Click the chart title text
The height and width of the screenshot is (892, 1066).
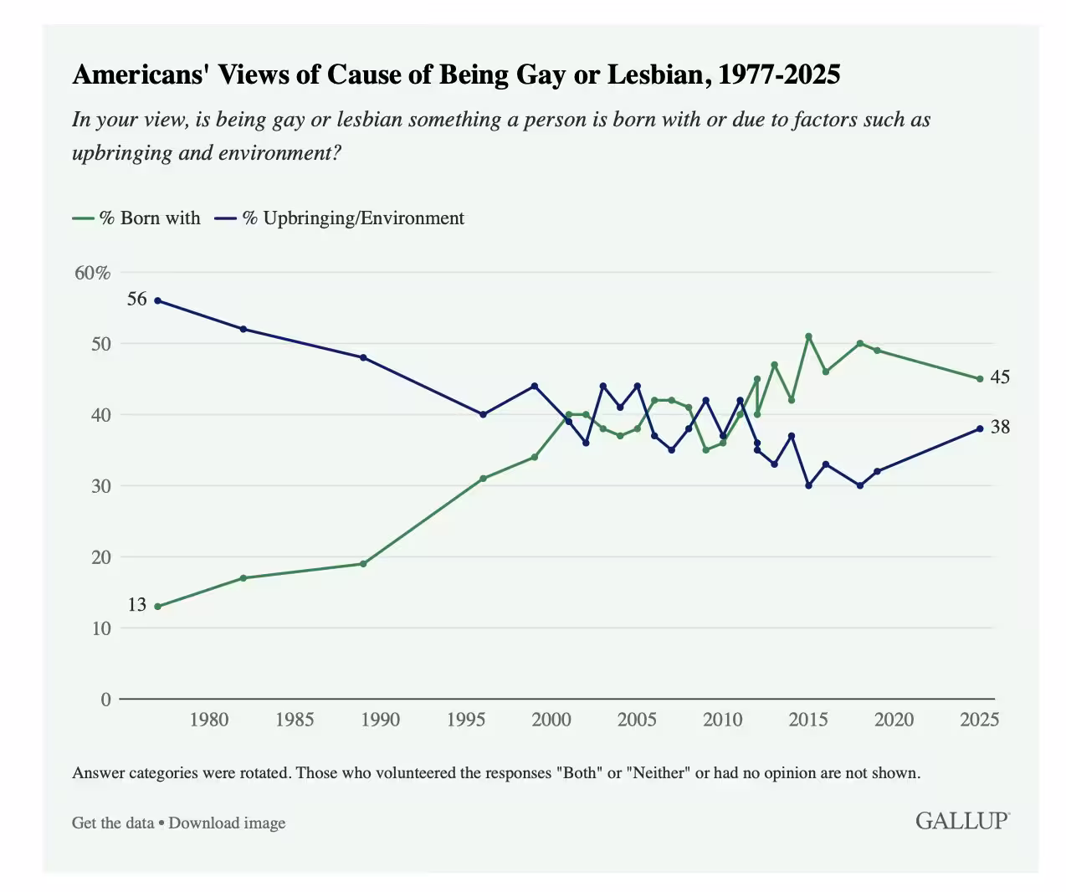tap(456, 75)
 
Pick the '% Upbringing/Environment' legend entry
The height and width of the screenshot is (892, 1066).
tap(340, 218)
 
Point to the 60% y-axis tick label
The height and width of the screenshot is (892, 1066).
tap(93, 273)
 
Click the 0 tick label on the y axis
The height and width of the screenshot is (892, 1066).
tap(105, 700)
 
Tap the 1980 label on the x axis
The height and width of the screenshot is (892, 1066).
tap(208, 720)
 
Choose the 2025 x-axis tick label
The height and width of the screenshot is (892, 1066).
tap(979, 720)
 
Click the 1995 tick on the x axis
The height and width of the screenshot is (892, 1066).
tap(466, 720)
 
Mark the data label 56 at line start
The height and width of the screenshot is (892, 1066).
tap(136, 299)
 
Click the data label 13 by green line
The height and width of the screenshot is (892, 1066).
tap(136, 604)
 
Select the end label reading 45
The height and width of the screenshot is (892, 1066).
tap(1000, 377)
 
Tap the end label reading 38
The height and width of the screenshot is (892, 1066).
tap(1000, 427)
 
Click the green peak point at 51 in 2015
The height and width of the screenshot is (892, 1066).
tap(808, 336)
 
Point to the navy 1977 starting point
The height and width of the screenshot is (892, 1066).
tap(157, 300)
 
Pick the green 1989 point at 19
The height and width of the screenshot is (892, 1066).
tap(363, 564)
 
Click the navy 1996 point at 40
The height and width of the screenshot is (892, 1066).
tap(483, 415)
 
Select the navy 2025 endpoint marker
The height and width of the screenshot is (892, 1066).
tap(980, 428)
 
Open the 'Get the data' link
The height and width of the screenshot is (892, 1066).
tap(113, 823)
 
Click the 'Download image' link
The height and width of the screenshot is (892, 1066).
tap(227, 823)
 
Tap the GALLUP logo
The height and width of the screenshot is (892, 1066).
tap(961, 821)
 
